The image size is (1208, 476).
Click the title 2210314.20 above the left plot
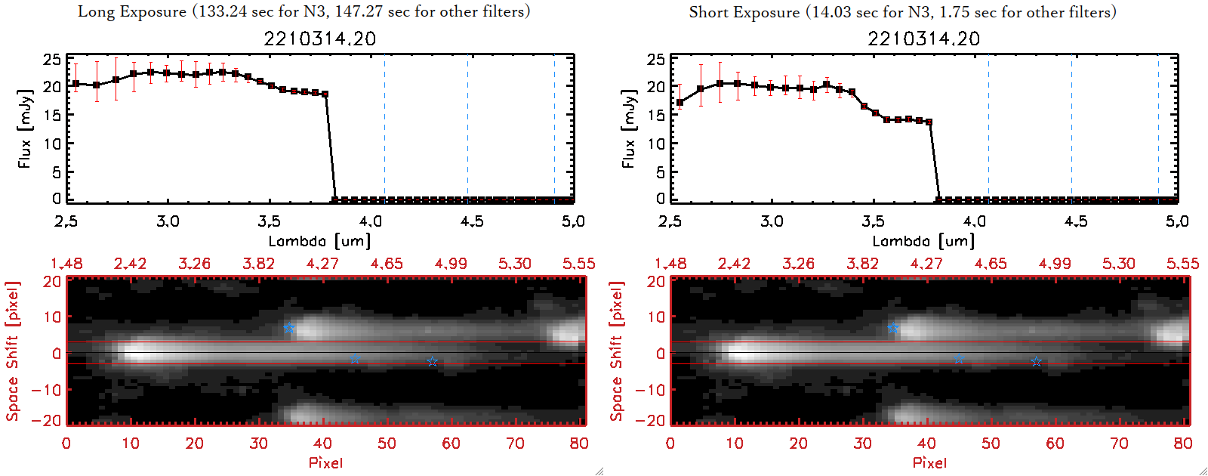(319, 39)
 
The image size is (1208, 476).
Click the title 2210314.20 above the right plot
(923, 39)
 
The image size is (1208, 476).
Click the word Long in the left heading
(94, 11)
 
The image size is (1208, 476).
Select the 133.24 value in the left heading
(223, 11)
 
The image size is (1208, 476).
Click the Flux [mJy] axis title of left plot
(26, 128)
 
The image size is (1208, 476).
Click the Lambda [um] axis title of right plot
(923, 241)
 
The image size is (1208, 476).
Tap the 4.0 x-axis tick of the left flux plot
(371, 221)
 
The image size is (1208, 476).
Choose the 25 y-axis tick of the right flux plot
(656, 60)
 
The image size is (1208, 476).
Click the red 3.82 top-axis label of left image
(258, 264)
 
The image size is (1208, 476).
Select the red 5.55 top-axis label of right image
(1182, 264)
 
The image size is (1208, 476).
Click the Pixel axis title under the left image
(325, 462)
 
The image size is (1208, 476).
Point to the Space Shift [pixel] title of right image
(617, 351)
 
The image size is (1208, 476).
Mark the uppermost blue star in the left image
(289, 329)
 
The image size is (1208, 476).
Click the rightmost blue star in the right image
(1037, 362)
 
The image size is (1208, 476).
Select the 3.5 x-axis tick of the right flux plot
(874, 221)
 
